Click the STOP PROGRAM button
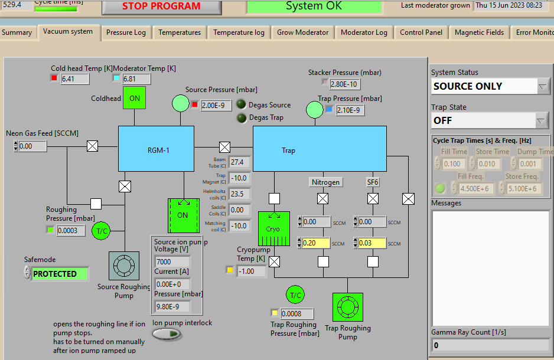pos(161,6)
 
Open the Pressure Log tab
pos(126,32)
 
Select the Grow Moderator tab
pos(302,32)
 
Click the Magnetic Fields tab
pos(479,32)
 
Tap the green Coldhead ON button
pos(134,98)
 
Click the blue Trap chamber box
pos(320,148)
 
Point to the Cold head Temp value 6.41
pos(74,78)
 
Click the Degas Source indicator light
pos(241,104)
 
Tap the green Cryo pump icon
pos(273,229)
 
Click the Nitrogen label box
pos(326,182)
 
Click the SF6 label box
pos(373,182)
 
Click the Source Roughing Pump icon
pos(123,266)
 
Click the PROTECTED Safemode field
pos(60,274)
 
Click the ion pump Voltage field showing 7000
pos(172,261)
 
